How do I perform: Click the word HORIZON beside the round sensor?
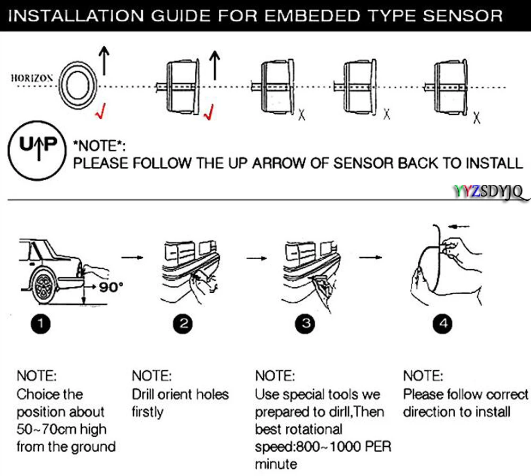pos(32,78)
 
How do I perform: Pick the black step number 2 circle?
pos(183,324)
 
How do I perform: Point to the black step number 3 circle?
pos(305,324)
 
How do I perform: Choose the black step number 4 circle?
pos(443,324)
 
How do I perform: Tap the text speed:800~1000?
pos(307,447)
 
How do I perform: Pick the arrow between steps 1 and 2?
pos(132,257)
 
